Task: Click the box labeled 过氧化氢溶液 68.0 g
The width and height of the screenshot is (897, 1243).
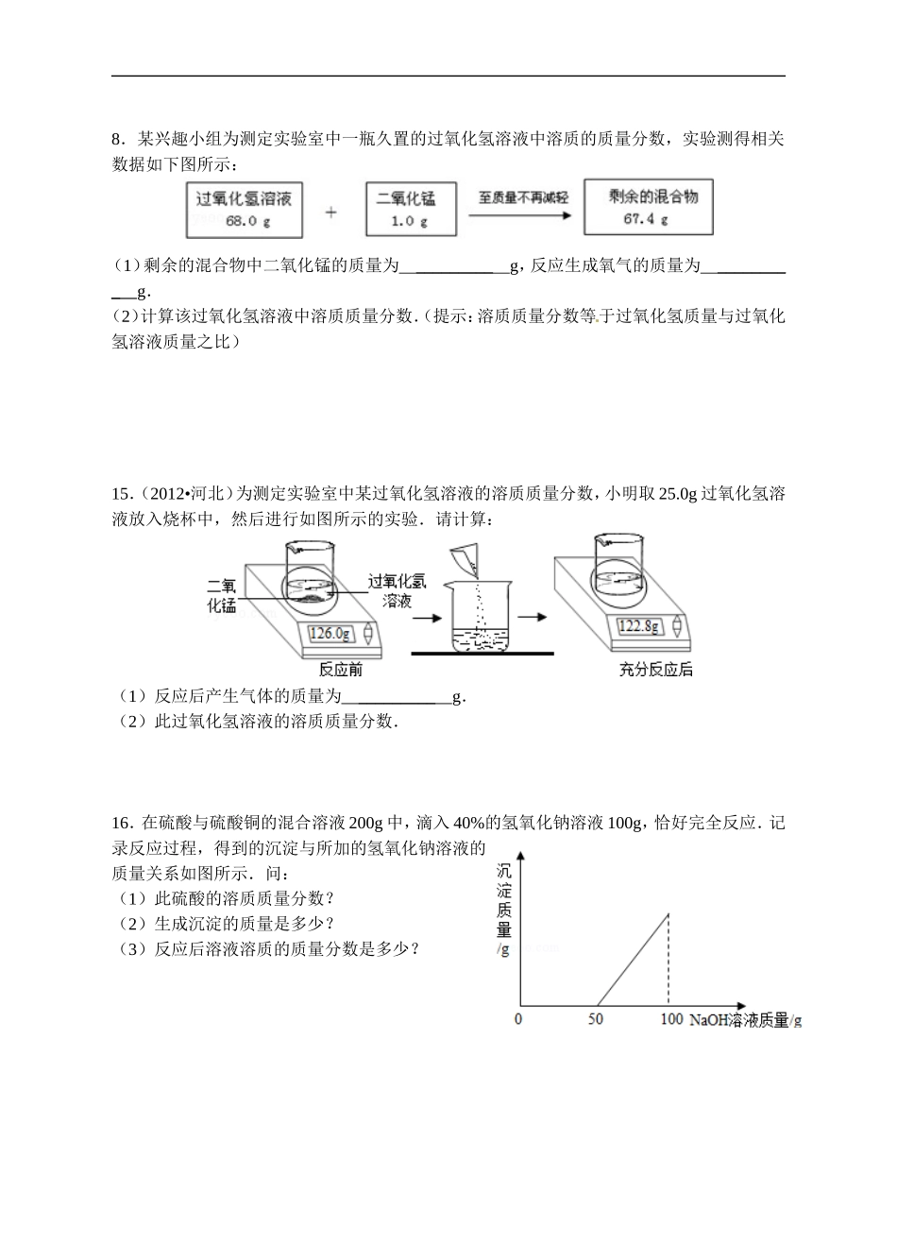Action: click(x=244, y=209)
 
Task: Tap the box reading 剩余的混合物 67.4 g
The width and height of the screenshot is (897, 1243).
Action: click(x=648, y=207)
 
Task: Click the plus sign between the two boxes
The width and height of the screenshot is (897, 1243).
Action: click(x=330, y=213)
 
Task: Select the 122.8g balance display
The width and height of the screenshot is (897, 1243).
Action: click(x=640, y=625)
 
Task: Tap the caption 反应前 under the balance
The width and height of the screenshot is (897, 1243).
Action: click(x=341, y=670)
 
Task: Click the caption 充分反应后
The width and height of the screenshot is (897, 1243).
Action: click(x=655, y=670)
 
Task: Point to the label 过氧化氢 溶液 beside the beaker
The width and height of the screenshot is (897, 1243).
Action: click(x=398, y=590)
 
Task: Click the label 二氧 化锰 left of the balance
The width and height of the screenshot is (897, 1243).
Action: click(x=222, y=595)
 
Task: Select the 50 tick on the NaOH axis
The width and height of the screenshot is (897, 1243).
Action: click(x=595, y=1019)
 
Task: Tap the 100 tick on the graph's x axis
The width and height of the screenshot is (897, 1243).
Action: click(x=670, y=1019)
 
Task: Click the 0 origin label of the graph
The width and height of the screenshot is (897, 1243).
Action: click(x=517, y=1019)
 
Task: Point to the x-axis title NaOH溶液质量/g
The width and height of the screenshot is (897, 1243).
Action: click(x=745, y=1020)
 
